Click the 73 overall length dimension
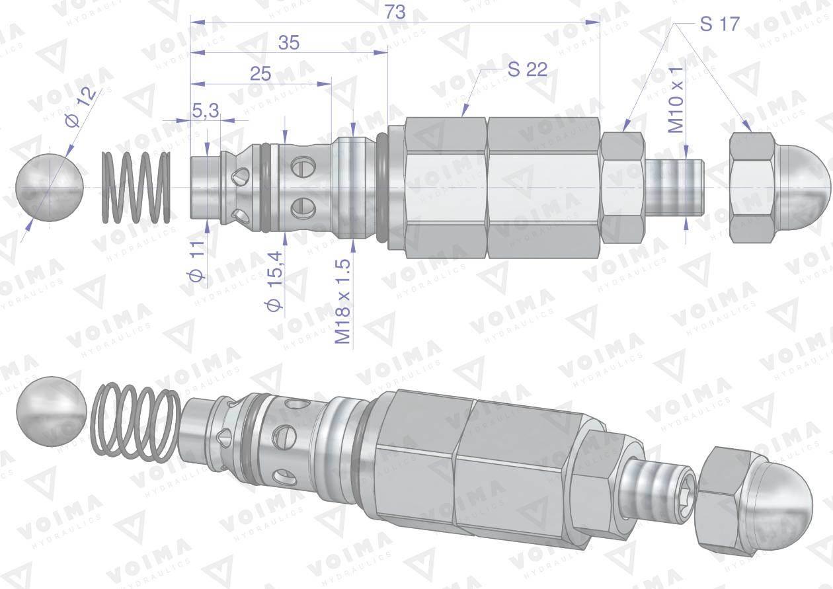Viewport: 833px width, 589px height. tap(395, 13)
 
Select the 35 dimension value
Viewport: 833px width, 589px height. tap(289, 43)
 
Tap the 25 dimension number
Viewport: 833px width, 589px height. tap(260, 74)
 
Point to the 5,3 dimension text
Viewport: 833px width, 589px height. tap(206, 110)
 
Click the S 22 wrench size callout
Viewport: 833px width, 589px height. tap(528, 69)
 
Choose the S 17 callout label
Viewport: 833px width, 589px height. tap(719, 24)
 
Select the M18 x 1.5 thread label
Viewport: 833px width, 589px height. tap(343, 301)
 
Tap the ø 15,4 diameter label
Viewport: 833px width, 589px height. tap(275, 281)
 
